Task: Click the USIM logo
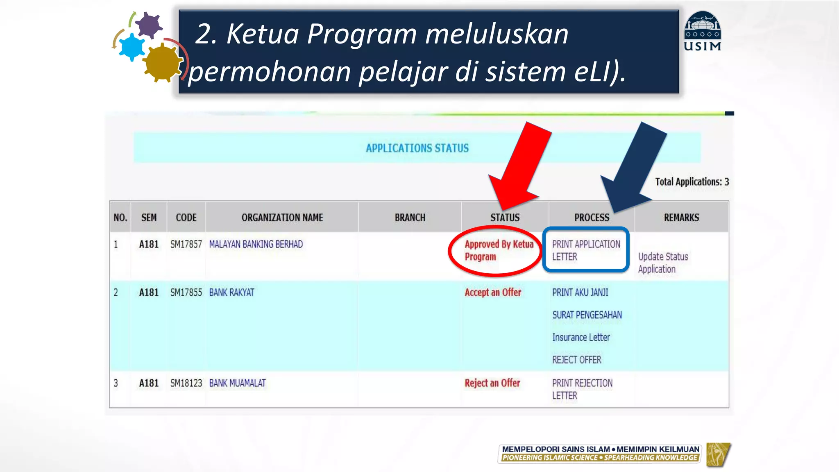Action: [703, 32]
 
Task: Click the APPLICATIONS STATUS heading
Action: [417, 148]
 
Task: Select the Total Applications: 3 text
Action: [692, 182]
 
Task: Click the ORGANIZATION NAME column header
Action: [282, 218]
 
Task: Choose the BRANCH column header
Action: [410, 218]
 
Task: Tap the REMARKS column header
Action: [681, 218]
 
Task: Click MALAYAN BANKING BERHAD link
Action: [256, 244]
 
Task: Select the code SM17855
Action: [186, 293]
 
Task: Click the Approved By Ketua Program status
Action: [498, 250]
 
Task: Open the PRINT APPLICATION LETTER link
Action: [586, 250]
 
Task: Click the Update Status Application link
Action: [663, 263]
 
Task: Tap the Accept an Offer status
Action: [493, 293]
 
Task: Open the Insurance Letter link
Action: [581, 337]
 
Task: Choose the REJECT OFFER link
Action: [576, 360]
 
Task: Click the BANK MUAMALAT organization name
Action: [237, 383]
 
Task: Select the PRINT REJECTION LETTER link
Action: [582, 389]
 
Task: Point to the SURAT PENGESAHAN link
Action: [587, 315]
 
